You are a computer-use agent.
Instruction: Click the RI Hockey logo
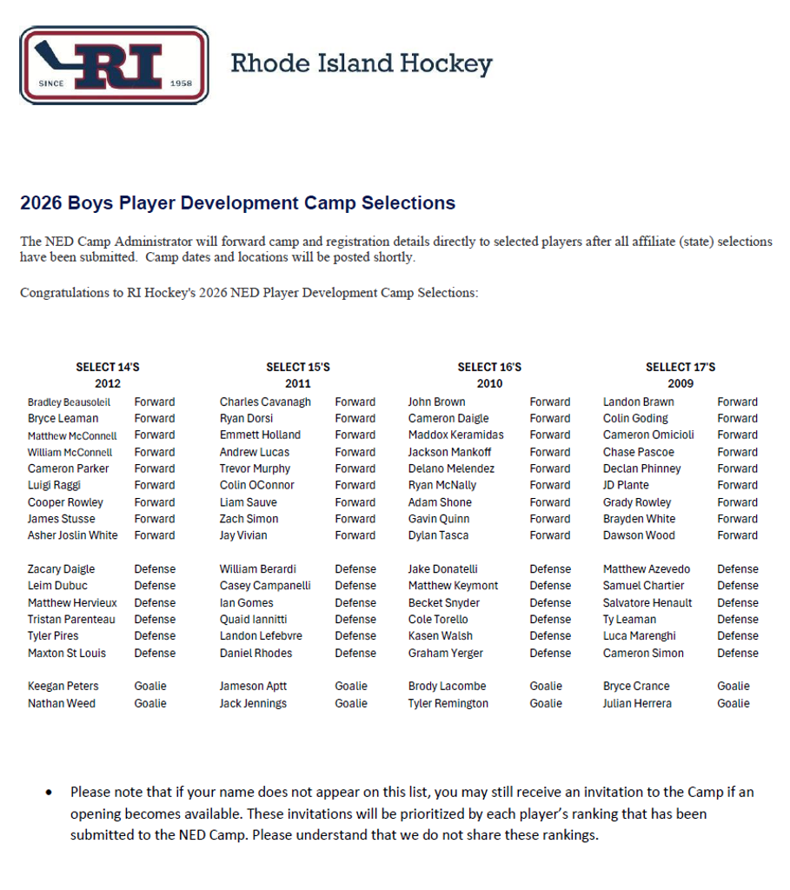114,65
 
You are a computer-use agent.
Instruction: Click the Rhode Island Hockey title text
361,63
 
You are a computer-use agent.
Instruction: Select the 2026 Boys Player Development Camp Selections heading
237,203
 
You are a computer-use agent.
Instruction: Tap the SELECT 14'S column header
108,368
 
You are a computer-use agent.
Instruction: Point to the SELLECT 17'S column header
680,368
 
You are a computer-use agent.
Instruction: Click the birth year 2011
297,383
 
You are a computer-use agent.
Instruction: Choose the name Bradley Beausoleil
69,402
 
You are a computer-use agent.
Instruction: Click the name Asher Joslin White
72,535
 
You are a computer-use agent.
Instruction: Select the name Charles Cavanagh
265,402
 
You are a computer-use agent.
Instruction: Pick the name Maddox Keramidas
455,435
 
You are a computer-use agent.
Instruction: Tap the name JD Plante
626,486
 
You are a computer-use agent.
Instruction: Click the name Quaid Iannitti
253,620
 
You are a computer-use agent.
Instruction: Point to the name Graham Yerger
445,654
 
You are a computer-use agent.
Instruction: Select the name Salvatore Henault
647,603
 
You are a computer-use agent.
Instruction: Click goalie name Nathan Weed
62,704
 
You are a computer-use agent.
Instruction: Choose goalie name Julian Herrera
637,704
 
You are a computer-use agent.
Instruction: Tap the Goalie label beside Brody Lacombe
546,687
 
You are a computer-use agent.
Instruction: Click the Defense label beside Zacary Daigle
155,569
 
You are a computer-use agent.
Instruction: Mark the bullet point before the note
49,793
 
